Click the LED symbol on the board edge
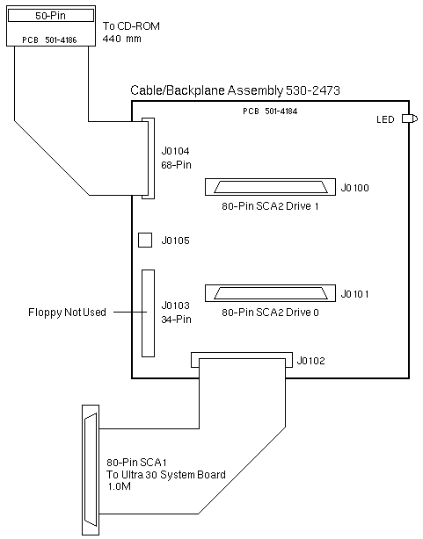click(x=410, y=119)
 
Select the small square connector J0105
click(x=145, y=240)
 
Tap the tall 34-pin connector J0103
click(x=148, y=313)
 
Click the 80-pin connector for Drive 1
click(x=270, y=187)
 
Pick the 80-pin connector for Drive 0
click(x=270, y=293)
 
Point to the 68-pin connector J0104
click(x=149, y=158)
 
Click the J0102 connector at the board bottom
click(x=242, y=360)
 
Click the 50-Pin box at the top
click(x=51, y=16)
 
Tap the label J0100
click(x=354, y=188)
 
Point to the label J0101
click(x=354, y=294)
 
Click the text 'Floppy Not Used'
click(x=67, y=313)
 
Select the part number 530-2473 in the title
click(x=313, y=90)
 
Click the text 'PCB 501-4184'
click(x=270, y=111)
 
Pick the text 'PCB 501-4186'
click(x=49, y=40)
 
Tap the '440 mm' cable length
click(x=122, y=39)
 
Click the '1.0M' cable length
click(x=120, y=486)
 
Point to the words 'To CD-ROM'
click(x=131, y=26)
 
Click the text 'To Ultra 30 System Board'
click(x=166, y=474)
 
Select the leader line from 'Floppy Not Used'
click(x=130, y=313)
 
